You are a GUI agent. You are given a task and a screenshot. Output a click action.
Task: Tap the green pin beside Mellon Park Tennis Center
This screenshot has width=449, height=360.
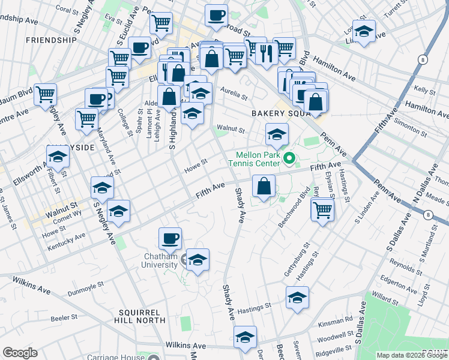[x=289, y=159]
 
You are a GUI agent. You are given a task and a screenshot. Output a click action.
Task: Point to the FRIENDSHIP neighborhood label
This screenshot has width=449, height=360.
[x=51, y=40]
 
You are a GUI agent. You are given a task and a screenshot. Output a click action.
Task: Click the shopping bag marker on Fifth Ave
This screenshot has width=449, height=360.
[x=264, y=187]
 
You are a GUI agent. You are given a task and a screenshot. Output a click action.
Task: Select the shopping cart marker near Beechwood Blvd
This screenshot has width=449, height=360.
[x=323, y=210]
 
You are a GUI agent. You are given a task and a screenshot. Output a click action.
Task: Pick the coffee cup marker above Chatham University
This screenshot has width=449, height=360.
[x=170, y=239]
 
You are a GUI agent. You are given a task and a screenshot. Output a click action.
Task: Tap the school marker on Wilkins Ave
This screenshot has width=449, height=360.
[x=245, y=338]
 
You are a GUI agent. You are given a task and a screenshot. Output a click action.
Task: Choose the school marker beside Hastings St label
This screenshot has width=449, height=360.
[x=297, y=298]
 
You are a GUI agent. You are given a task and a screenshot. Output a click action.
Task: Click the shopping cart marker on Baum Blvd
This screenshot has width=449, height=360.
[x=45, y=95]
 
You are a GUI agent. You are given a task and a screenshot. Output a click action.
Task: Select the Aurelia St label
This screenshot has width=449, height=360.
[x=234, y=94]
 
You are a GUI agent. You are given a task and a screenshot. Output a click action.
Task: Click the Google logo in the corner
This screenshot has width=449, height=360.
[x=20, y=353]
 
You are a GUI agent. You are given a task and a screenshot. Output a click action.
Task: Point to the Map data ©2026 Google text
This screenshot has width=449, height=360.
[x=411, y=355]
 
